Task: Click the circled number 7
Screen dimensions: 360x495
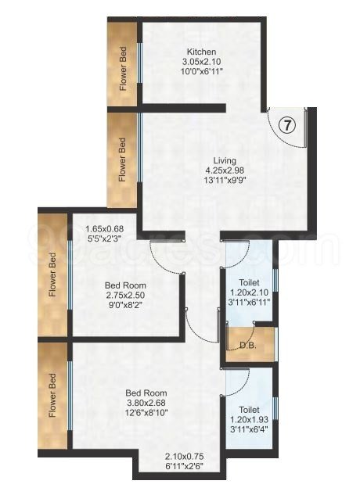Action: click(x=287, y=125)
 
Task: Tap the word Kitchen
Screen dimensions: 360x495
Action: click(x=202, y=52)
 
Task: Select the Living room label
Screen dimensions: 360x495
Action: click(x=225, y=160)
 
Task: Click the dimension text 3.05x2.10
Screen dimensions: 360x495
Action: click(x=201, y=61)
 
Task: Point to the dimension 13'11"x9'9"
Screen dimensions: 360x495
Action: click(x=225, y=180)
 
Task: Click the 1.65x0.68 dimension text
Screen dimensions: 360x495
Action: click(x=105, y=228)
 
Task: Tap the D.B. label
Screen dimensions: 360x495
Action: click(x=247, y=345)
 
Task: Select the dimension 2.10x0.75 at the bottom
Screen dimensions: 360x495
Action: click(x=184, y=456)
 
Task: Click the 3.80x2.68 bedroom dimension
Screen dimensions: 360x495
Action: click(x=146, y=403)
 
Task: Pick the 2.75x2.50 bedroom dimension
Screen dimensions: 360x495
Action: click(x=125, y=295)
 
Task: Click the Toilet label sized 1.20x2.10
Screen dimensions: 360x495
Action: click(x=249, y=282)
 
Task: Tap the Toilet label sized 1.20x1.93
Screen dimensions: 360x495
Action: click(x=249, y=410)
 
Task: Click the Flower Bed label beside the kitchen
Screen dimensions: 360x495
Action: click(x=123, y=69)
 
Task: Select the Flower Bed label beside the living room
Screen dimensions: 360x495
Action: click(x=122, y=160)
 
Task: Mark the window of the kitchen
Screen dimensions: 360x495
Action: click(x=140, y=63)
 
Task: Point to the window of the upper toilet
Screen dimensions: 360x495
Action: click(x=275, y=280)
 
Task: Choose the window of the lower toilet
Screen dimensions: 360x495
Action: click(x=275, y=408)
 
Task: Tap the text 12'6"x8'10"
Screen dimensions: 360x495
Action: click(x=146, y=413)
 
